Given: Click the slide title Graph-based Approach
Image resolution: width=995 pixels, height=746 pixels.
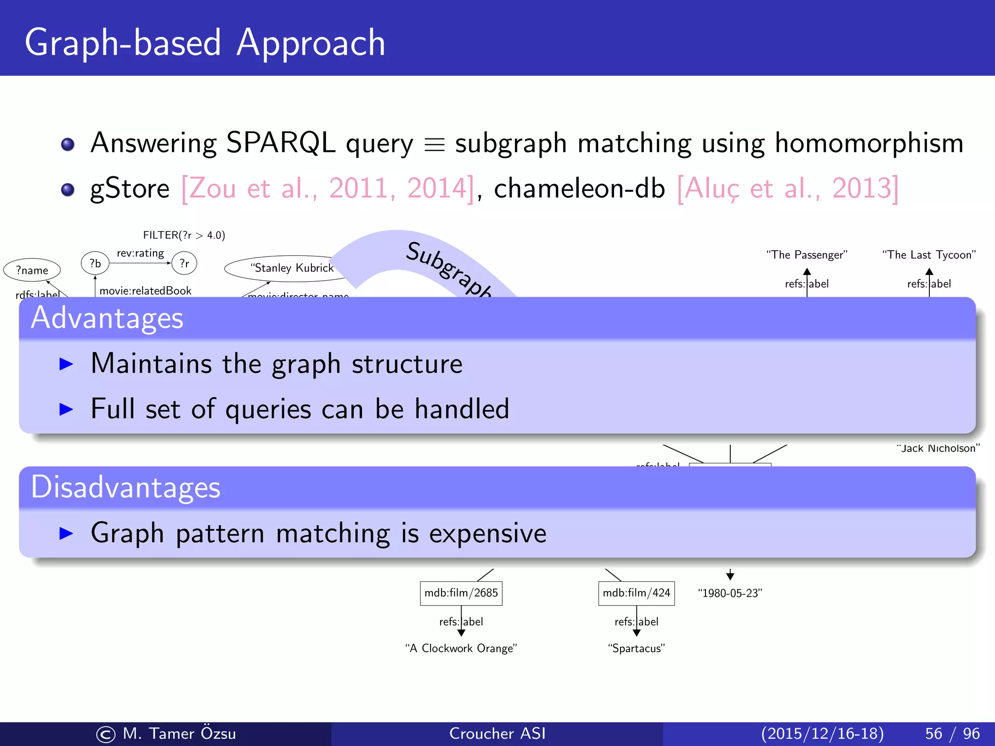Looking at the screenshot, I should tap(205, 43).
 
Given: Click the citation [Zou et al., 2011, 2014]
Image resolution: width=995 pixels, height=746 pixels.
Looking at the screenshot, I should tap(327, 188).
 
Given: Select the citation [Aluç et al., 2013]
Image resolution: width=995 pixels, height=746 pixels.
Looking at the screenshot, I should tap(788, 188).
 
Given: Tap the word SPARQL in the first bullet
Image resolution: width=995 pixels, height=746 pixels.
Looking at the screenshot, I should tap(281, 143).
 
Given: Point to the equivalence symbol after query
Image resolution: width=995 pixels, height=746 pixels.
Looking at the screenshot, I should tap(434, 145).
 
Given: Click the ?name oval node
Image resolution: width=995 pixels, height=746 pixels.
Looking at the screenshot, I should tap(32, 270).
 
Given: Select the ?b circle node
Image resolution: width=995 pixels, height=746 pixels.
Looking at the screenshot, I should tap(95, 263).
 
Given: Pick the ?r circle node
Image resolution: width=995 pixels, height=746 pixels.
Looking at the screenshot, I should tap(184, 263).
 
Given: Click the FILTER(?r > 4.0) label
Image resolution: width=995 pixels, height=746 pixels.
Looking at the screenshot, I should tap(184, 235).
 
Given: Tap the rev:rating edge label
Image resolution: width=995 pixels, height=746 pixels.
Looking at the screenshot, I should tap(140, 253).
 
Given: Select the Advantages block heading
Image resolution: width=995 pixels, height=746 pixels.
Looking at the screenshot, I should tap(107, 318).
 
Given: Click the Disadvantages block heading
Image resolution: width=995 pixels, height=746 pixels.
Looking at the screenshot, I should tap(125, 487).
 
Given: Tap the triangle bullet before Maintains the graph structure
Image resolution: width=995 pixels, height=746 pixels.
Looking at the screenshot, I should tap(66, 364).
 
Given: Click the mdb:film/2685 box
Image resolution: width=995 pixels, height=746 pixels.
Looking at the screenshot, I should tap(461, 593).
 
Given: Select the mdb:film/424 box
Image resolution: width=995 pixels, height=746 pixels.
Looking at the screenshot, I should tap(636, 593).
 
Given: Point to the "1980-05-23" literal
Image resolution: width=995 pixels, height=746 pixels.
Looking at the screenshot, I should tap(730, 593).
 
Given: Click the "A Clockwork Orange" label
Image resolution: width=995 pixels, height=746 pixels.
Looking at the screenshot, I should tap(461, 648).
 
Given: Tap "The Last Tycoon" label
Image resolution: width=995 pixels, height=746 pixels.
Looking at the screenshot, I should tap(929, 255).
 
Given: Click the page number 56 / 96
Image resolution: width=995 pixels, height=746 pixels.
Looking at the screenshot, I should tap(952, 733).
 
